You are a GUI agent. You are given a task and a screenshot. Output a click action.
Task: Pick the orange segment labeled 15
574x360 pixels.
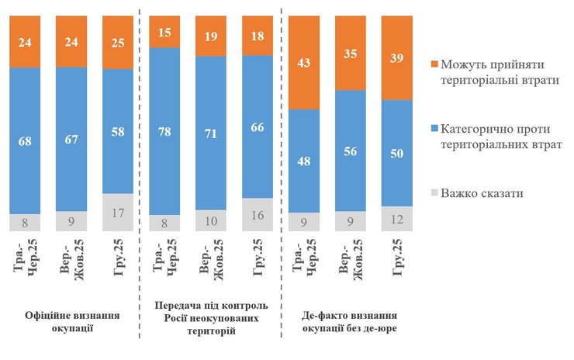[x=164, y=33]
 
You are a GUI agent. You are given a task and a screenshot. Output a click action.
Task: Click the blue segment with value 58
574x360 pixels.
[x=118, y=131]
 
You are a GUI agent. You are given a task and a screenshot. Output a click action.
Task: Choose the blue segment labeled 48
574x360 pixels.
[x=304, y=161]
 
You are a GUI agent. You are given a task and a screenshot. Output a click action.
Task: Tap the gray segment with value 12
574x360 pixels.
[x=397, y=220]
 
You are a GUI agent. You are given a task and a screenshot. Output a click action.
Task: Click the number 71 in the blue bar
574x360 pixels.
[x=211, y=133]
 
